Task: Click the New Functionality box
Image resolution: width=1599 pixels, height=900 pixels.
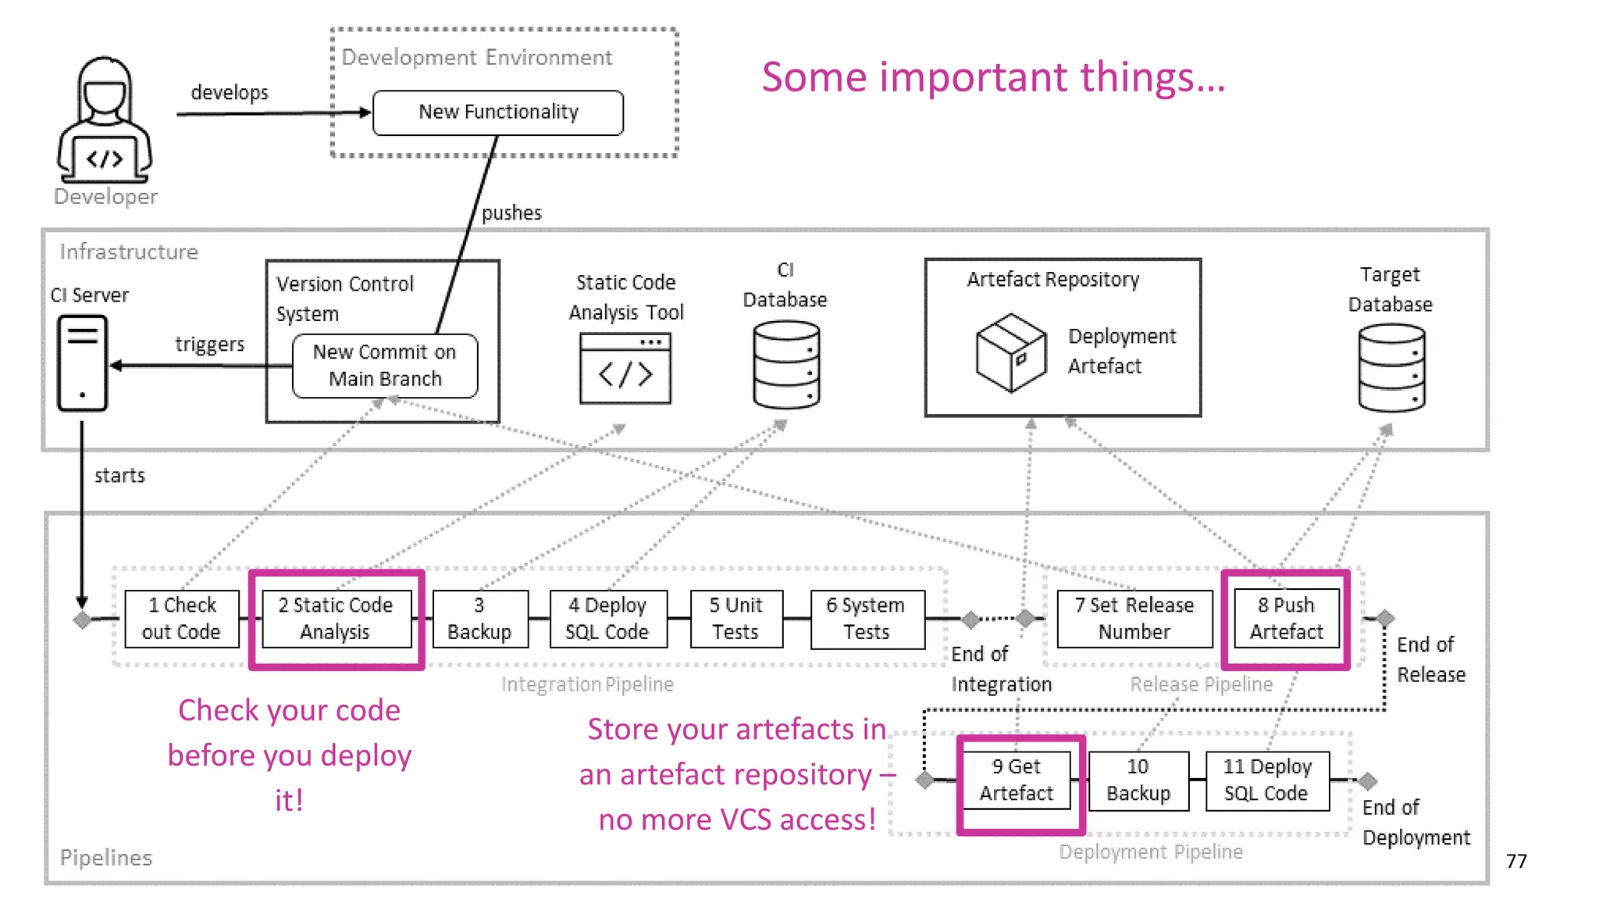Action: (498, 112)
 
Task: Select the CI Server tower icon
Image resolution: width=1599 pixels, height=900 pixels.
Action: (82, 362)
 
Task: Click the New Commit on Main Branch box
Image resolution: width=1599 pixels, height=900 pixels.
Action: (384, 366)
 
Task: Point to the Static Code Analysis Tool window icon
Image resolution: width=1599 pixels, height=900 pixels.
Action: (625, 368)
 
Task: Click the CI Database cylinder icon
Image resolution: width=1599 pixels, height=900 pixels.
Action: (786, 365)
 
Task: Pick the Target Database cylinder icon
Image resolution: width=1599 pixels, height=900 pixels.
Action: (1391, 368)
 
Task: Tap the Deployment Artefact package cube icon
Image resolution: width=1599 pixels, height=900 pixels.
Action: (1010, 352)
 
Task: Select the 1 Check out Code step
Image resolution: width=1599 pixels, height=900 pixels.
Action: (182, 619)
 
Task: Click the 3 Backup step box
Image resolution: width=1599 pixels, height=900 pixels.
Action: (479, 619)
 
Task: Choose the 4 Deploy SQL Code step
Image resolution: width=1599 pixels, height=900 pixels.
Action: (607, 619)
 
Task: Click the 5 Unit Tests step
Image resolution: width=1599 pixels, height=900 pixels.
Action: (735, 619)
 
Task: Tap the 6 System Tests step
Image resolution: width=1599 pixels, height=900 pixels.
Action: (867, 619)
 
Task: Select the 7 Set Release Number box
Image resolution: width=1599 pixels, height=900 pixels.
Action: (1134, 619)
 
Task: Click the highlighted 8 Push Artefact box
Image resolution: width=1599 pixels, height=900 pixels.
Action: (1286, 619)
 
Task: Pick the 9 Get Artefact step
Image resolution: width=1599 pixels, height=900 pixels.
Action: (1017, 780)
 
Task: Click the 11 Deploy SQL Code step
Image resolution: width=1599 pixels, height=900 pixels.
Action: (1266, 780)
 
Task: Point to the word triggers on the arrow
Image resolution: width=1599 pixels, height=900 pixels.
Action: (209, 344)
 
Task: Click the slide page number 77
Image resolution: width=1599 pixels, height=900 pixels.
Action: (1515, 861)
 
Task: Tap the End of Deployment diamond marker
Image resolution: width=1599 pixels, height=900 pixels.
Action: (1367, 780)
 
